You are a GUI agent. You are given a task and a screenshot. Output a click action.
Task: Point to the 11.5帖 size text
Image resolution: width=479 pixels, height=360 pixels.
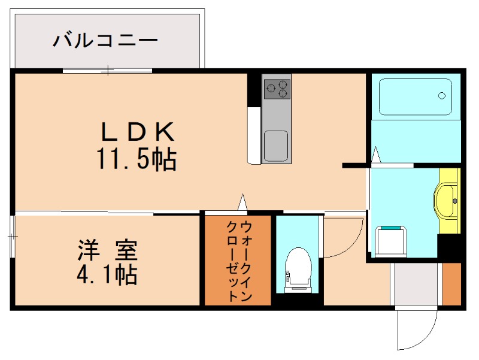pyautogui.click(x=136, y=159)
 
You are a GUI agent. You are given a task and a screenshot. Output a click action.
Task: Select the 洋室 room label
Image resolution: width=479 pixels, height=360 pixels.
pyautogui.click(x=108, y=249)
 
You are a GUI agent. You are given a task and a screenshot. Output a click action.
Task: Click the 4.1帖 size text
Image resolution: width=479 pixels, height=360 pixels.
pyautogui.click(x=107, y=275)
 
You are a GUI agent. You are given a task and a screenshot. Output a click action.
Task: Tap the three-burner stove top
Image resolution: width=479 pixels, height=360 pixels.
pyautogui.click(x=277, y=89)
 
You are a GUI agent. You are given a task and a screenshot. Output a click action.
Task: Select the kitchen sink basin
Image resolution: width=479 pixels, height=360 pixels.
pyautogui.click(x=276, y=146)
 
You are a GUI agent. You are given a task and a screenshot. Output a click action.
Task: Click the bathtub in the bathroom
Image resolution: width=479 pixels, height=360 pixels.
pyautogui.click(x=416, y=97)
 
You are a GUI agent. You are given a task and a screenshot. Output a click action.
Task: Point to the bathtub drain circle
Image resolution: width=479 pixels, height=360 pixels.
pyautogui.click(x=442, y=95)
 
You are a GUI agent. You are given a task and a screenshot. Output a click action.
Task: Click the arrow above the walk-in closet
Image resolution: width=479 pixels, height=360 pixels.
pyautogui.click(x=242, y=202)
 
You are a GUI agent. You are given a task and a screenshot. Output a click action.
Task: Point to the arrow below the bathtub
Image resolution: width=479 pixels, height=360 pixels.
pyautogui.click(x=376, y=155)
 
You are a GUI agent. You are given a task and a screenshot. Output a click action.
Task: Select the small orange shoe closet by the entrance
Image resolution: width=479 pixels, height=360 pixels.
pyautogui.click(x=451, y=283)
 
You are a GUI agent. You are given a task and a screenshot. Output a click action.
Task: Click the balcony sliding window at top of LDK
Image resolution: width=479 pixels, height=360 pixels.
pyautogui.click(x=108, y=71)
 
